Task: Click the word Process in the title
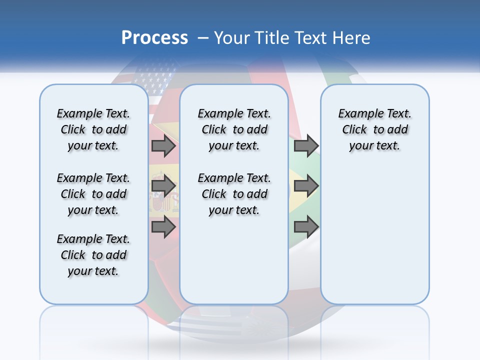pyautogui.click(x=154, y=38)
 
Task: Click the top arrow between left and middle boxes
pyautogui.click(x=163, y=145)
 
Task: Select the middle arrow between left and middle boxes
pyautogui.click(x=163, y=186)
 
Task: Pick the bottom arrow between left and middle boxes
pyautogui.click(x=163, y=227)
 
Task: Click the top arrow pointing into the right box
pyautogui.click(x=306, y=145)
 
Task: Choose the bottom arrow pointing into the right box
pyautogui.click(x=306, y=227)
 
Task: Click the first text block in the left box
pyautogui.click(x=93, y=129)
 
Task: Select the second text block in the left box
pyautogui.click(x=93, y=194)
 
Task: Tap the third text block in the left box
pyautogui.click(x=93, y=255)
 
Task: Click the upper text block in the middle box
pyautogui.click(x=234, y=129)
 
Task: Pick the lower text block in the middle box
pyautogui.click(x=234, y=194)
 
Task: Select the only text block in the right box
pyautogui.click(x=374, y=129)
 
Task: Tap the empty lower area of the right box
pyautogui.click(x=374, y=240)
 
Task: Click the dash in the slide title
pyautogui.click(x=203, y=38)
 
